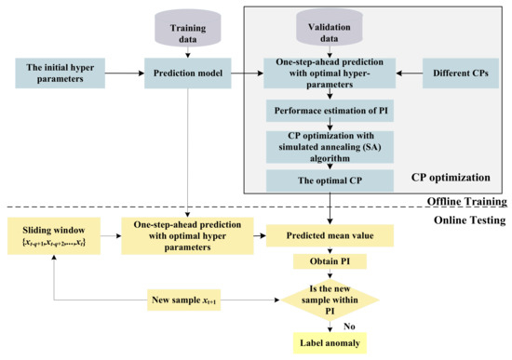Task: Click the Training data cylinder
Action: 191,27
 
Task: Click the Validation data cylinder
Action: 330,27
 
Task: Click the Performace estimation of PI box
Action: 330,109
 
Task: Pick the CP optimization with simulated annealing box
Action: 330,144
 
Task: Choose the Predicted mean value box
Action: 330,235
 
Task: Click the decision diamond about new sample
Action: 330,300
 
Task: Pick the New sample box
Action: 192,300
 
